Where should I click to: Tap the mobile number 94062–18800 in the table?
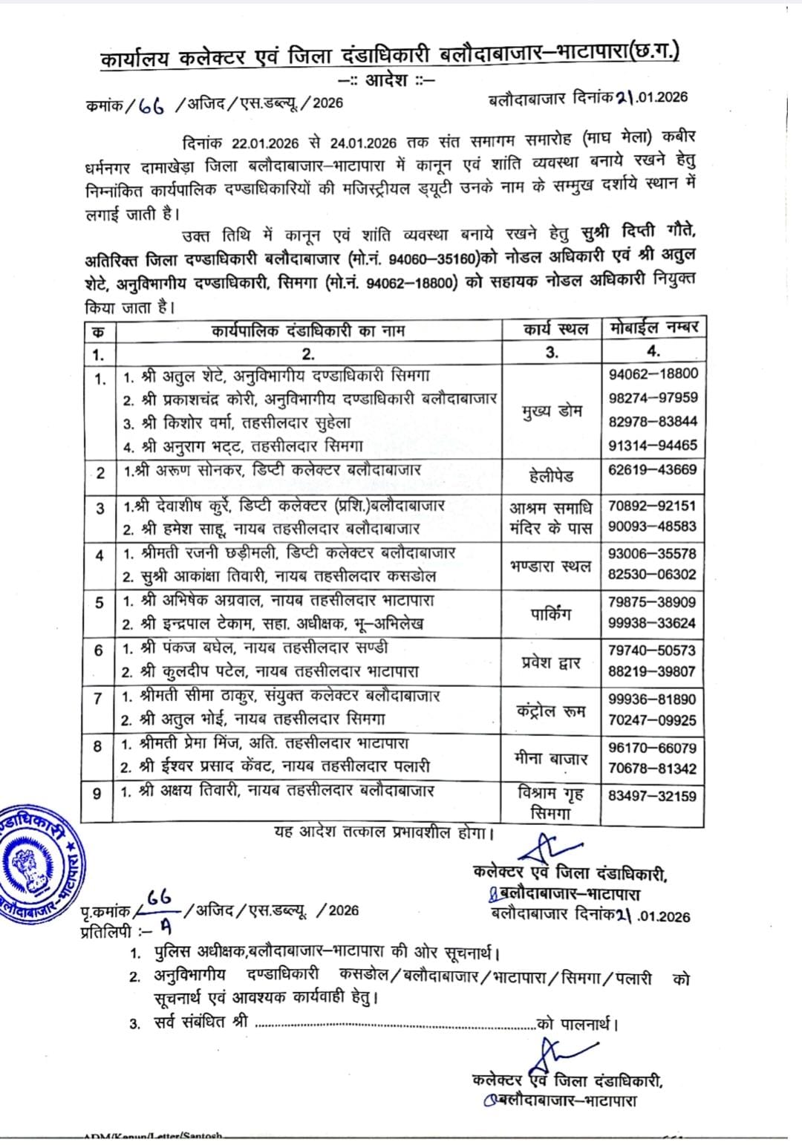coord(653,373)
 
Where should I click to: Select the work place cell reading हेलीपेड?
coord(551,474)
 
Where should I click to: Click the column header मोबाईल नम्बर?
coord(653,328)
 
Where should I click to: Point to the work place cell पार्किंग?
coord(551,613)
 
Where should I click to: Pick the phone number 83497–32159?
coord(653,795)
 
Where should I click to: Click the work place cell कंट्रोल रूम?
coord(551,711)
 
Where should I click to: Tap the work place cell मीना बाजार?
coord(551,759)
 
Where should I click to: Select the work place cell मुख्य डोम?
coord(551,411)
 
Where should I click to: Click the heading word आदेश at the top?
coord(388,79)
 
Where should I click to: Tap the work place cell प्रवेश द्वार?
coord(551,662)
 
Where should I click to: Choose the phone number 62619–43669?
coord(653,469)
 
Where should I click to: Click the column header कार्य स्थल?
coord(551,329)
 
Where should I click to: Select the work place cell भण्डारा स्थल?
coord(551,565)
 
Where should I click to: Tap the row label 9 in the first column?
coord(97,794)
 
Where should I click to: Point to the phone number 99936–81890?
coord(653,699)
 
